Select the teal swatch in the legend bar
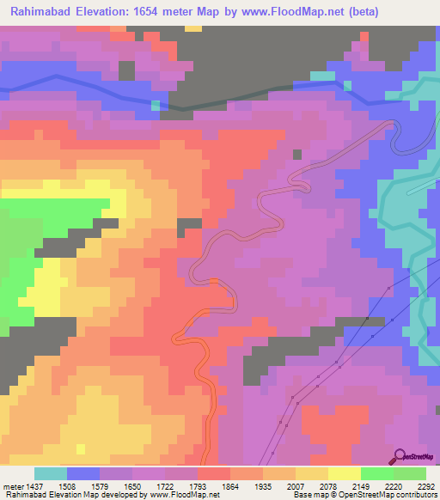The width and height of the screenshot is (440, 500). [x=51, y=474]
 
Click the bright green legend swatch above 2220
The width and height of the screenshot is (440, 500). [x=376, y=474]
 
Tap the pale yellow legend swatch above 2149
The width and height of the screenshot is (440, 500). [x=344, y=474]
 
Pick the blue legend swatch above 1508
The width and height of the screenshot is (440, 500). [x=83, y=474]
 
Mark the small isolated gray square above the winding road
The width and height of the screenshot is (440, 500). [x=297, y=155]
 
